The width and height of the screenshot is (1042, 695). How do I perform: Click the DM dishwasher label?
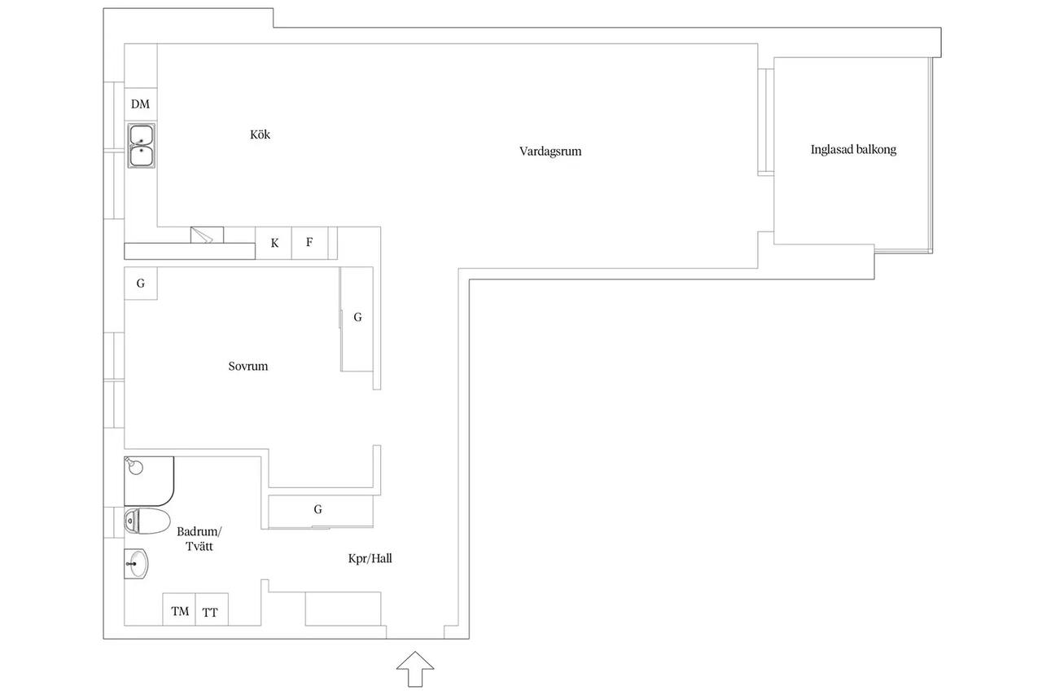click(x=140, y=104)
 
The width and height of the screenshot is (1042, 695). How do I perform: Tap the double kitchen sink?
click(x=142, y=145)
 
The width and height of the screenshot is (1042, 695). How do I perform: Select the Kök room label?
click(x=260, y=134)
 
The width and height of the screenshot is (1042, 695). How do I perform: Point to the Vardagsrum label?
click(x=550, y=152)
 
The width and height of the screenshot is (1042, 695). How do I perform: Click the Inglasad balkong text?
click(x=853, y=149)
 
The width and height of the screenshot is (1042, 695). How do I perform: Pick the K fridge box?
click(x=274, y=243)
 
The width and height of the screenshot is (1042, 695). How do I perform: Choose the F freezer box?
click(x=310, y=243)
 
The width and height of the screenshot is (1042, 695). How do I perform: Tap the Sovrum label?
click(x=248, y=367)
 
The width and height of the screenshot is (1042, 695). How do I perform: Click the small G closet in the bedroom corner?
click(x=141, y=283)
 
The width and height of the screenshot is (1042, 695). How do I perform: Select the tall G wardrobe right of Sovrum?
click(x=357, y=319)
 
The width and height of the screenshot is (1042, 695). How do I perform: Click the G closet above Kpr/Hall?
click(x=321, y=512)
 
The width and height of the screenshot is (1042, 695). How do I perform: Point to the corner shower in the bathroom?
click(x=149, y=481)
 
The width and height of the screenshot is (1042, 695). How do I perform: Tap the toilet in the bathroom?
click(x=147, y=521)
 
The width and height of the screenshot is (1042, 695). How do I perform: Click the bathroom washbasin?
click(x=136, y=564)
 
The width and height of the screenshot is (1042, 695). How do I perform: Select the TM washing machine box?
click(x=179, y=609)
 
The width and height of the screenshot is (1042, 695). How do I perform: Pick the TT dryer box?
click(x=212, y=609)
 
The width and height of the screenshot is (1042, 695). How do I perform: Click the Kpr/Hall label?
click(x=370, y=559)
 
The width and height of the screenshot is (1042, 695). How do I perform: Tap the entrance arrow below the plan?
click(x=415, y=669)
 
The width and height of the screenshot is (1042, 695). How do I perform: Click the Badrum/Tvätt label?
click(x=199, y=539)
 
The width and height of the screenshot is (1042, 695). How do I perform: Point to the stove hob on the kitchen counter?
click(x=207, y=235)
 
